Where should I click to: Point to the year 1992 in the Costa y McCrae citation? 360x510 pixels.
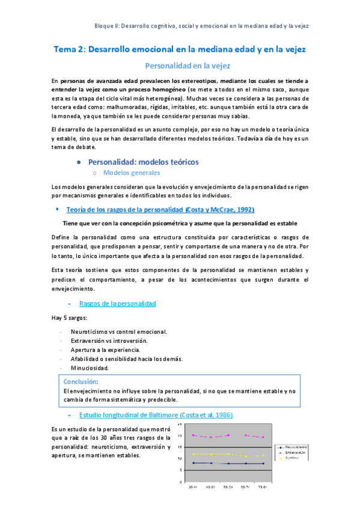[243, 209]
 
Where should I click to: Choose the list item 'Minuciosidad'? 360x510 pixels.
[90, 367]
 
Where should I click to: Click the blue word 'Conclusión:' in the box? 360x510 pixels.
[81, 381]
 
